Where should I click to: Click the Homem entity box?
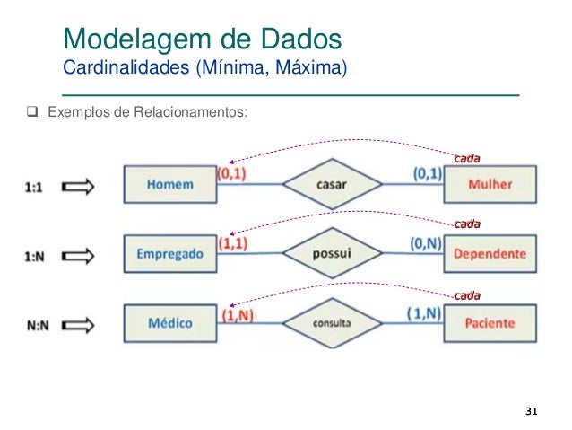tap(168, 185)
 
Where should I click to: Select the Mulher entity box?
tap(490, 185)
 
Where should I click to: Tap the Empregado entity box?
tap(169, 254)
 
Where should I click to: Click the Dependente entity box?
tap(490, 254)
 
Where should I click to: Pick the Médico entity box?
tap(169, 323)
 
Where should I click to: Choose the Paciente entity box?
tap(490, 323)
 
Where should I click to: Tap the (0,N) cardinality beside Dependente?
tap(425, 242)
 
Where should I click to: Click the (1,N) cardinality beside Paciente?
tap(423, 312)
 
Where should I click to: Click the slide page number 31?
tap(531, 411)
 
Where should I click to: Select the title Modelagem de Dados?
tap(201, 39)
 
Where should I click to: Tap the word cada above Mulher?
tap(466, 158)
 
